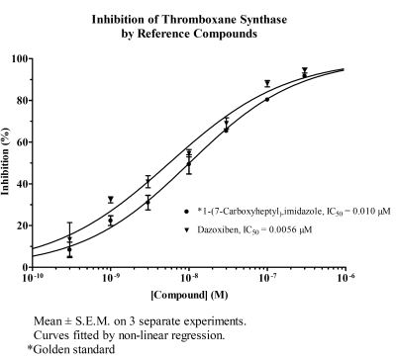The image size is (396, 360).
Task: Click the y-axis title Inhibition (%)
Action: pyautogui.click(x=5, y=161)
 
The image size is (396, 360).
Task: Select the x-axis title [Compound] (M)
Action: pyautogui.click(x=189, y=295)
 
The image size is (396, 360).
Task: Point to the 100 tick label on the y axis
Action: pyautogui.click(x=21, y=58)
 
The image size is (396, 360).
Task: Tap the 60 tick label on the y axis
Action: pyautogui.click(x=23, y=142)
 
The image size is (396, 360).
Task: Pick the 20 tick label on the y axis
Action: pyautogui.click(x=23, y=225)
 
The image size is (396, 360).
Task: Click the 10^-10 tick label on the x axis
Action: pyautogui.click(x=32, y=277)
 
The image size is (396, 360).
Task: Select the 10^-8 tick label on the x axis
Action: pyautogui.click(x=189, y=277)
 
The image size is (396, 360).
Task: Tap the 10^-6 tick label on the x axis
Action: pyautogui.click(x=346, y=277)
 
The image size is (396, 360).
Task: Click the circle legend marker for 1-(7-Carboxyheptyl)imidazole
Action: pyautogui.click(x=186, y=212)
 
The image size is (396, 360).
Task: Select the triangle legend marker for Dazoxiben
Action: pyautogui.click(x=186, y=230)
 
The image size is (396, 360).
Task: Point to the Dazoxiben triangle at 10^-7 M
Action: pyautogui.click(x=267, y=82)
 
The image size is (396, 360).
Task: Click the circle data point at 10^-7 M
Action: pyautogui.click(x=267, y=100)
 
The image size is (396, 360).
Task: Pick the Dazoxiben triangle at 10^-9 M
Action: pyautogui.click(x=111, y=199)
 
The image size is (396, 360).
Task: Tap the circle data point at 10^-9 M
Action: pyautogui.click(x=111, y=221)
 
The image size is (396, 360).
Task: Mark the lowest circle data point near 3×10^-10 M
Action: pyautogui.click(x=69, y=249)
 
